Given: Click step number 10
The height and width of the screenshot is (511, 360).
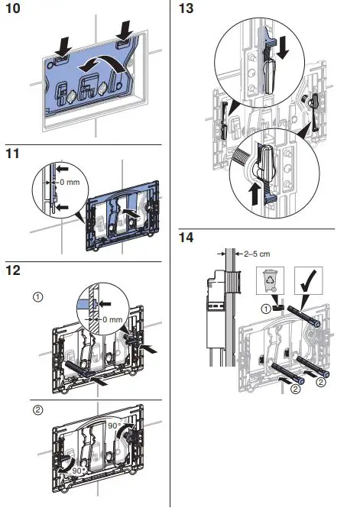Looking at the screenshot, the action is (x=13, y=8).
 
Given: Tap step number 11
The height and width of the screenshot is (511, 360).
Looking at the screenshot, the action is (x=13, y=154).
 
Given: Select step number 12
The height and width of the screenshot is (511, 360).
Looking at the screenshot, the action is (x=13, y=270).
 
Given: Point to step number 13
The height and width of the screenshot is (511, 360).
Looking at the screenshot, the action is (x=186, y=8).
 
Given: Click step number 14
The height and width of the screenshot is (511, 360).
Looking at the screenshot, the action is (x=186, y=237).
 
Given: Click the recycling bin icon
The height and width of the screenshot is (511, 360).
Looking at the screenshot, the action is (x=271, y=280).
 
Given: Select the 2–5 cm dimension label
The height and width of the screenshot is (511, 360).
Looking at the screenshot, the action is (x=257, y=254).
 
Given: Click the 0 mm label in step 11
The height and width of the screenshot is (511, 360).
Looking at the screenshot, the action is (x=70, y=182).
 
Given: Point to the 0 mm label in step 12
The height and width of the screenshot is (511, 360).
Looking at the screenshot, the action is (x=112, y=319).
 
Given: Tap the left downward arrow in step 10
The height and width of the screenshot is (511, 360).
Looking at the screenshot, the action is (x=63, y=47).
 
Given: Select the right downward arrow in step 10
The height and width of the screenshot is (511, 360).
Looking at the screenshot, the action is (x=125, y=31).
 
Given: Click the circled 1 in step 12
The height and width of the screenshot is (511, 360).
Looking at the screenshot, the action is (x=38, y=297).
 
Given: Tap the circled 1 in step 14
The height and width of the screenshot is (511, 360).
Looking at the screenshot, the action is (x=266, y=309).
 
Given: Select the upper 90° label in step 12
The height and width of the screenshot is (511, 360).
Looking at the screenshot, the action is (x=115, y=425).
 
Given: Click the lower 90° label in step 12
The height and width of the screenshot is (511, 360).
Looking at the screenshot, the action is (x=78, y=471).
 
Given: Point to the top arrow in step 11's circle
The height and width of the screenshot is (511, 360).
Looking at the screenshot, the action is (x=62, y=169).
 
